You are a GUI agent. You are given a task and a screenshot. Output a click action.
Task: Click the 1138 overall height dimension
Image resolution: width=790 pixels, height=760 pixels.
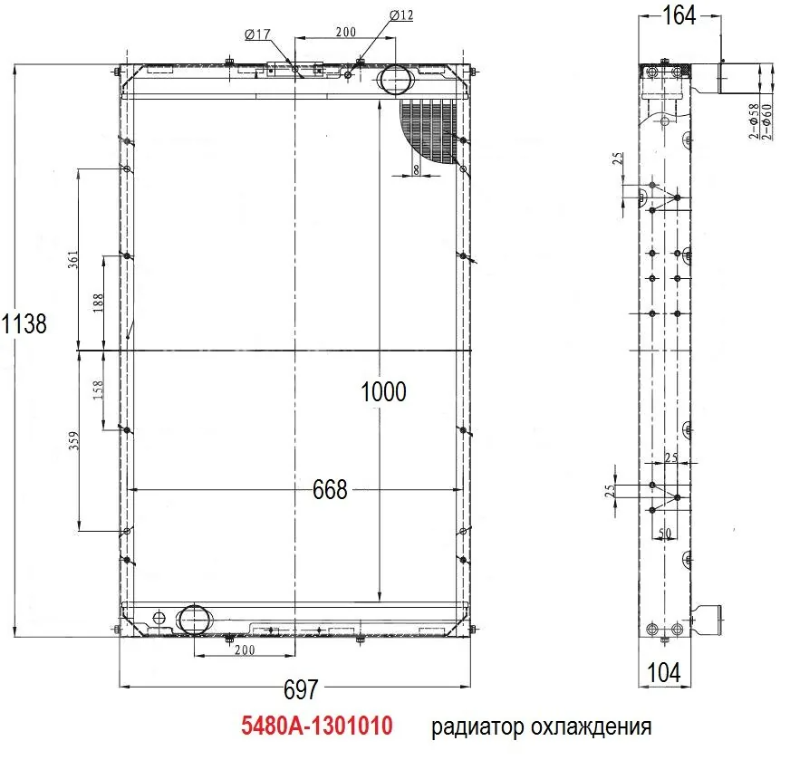click(x=24, y=323)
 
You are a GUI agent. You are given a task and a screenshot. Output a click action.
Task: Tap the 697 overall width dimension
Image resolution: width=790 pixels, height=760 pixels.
click(x=301, y=689)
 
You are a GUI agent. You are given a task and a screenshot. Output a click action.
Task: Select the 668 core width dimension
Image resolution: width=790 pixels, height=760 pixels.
click(x=330, y=489)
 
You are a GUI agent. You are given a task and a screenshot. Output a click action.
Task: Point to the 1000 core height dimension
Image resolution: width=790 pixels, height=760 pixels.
click(x=383, y=392)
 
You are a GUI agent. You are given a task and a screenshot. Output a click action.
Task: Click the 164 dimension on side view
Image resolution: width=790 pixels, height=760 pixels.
click(x=679, y=15)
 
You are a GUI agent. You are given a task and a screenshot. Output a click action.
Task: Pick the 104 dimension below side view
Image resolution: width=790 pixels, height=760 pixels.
click(x=663, y=673)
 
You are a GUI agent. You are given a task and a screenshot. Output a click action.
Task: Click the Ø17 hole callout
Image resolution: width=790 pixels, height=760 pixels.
click(x=257, y=34)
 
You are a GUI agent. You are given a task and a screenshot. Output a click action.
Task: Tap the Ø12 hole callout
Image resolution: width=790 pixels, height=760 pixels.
click(x=401, y=15)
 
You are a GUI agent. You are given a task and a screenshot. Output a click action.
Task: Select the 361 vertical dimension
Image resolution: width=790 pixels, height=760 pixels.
click(x=73, y=259)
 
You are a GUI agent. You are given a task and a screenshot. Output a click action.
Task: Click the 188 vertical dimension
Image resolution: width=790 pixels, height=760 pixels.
click(x=98, y=303)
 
